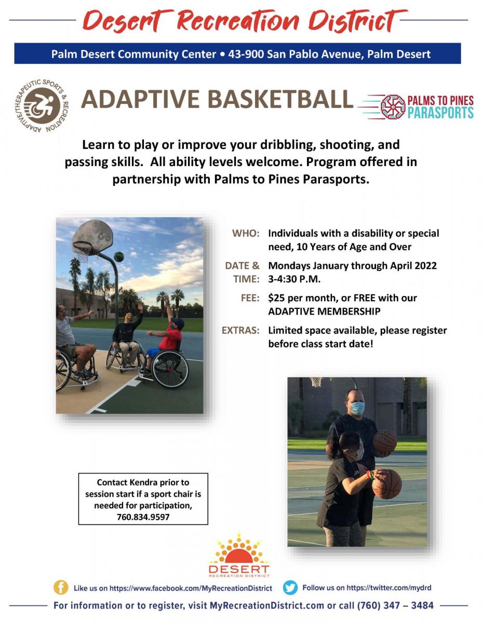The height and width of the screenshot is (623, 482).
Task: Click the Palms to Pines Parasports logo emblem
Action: click(393, 107)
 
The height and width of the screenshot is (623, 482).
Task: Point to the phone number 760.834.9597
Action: click(143, 517)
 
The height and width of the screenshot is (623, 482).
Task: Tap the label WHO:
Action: click(246, 234)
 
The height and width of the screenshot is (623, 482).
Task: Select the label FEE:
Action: click(250, 298)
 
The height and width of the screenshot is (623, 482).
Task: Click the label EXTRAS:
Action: click(240, 330)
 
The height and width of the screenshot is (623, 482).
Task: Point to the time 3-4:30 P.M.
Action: click(294, 279)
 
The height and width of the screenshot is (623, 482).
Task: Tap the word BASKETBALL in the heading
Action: click(280, 99)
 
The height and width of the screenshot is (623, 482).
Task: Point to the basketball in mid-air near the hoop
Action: click(119, 256)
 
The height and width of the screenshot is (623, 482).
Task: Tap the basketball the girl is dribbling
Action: click(387, 484)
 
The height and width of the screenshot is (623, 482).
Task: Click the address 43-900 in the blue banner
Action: click(246, 54)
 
